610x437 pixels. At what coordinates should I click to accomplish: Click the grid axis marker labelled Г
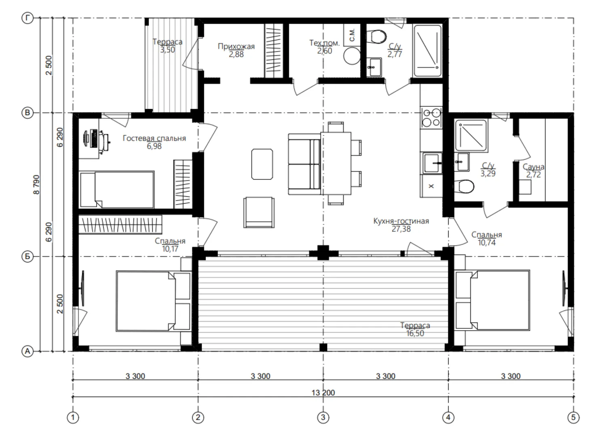[27, 18]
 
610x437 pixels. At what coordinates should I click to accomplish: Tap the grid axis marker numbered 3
[323, 417]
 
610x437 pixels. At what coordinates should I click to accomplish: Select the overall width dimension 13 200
[323, 392]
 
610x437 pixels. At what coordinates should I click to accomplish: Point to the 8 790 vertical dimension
[36, 185]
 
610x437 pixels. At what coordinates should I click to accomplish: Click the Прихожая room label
[236, 47]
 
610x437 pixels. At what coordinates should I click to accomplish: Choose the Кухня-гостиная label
[401, 221]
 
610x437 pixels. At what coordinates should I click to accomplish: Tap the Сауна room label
[533, 167]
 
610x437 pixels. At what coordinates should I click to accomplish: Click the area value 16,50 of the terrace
[415, 333]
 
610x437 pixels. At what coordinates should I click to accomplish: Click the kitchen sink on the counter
[432, 163]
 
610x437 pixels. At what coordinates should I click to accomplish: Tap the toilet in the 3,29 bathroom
[464, 187]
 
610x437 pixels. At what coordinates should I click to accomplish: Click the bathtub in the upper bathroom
[427, 51]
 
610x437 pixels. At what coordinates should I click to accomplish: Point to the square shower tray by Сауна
[471, 135]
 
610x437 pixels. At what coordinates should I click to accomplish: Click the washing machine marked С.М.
[352, 35]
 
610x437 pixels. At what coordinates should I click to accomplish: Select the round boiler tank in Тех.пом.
[352, 56]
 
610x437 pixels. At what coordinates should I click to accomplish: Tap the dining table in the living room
[336, 163]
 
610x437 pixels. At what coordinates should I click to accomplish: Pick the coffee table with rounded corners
[262, 164]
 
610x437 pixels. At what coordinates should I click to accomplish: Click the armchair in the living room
[259, 212]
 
